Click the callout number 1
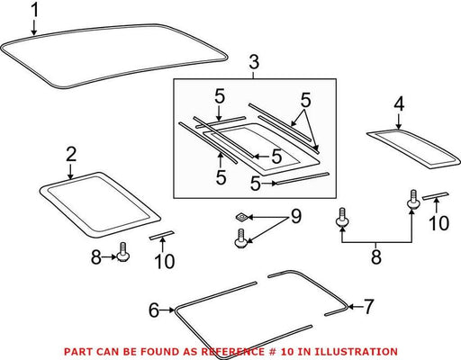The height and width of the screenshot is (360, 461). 35,10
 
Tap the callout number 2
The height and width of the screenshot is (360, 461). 71,154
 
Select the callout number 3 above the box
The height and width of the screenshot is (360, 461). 254,62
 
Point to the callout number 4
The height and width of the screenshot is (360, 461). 399,104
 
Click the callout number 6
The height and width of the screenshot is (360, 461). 154,310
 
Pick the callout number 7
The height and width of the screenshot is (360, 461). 368,307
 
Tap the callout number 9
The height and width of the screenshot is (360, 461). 295,216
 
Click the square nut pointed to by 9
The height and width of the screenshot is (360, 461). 241,217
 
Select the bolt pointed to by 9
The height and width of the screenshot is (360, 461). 240,238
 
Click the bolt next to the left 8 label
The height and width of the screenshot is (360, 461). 122,252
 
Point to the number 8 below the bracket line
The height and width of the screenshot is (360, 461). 376,257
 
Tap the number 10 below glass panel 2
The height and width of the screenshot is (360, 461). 165,261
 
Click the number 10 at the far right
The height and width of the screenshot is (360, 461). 438,223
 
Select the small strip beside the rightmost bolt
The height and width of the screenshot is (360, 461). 435,196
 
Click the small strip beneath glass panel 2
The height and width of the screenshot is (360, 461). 161,235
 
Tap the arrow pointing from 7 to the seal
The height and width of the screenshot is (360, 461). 355,307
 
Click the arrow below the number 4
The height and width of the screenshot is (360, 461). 399,121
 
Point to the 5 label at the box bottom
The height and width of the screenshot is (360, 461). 256,184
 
